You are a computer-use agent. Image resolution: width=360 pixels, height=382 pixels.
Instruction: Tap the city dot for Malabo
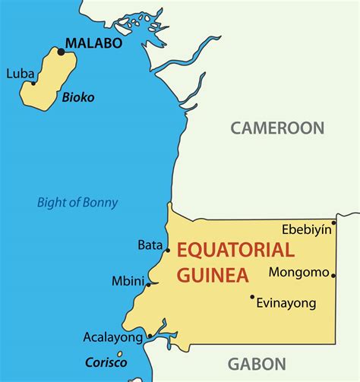tap(62, 52)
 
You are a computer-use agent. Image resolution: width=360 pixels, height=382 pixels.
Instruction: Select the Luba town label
tap(19, 74)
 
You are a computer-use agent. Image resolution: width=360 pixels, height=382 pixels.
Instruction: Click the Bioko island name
tap(78, 97)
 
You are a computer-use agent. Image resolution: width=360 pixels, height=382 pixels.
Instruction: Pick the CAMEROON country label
tap(277, 128)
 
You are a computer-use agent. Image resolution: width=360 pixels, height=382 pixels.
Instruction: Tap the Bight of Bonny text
tap(78, 202)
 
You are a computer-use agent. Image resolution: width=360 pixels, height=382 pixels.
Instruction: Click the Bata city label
tap(150, 245)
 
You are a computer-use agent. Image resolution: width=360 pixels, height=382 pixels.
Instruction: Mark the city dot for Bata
tap(168, 249)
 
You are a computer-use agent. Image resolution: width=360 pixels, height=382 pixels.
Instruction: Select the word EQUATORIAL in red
tap(235, 250)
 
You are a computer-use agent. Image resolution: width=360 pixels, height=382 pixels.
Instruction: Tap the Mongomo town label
tap(300, 272)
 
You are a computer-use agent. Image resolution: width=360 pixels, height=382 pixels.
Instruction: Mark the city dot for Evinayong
tap(252, 296)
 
